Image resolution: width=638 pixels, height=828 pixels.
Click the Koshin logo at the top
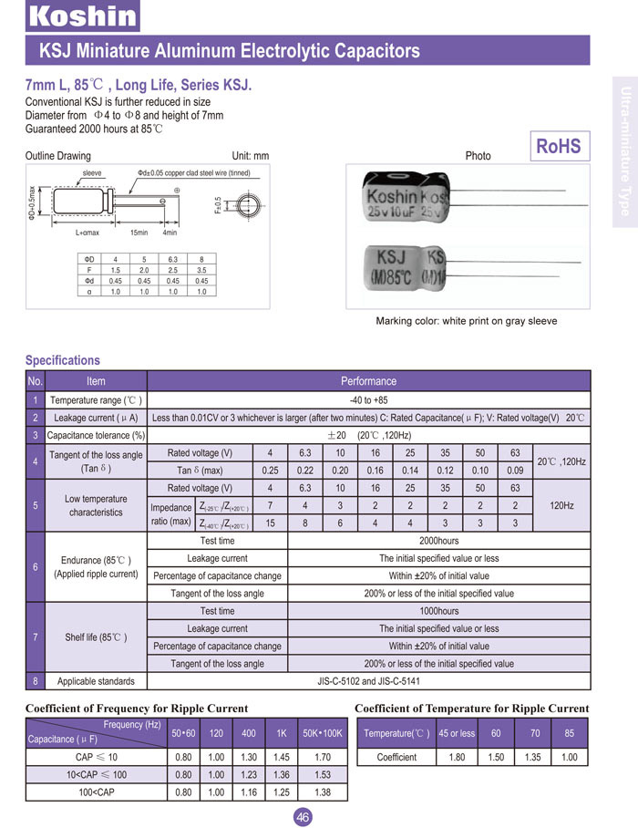[82, 16]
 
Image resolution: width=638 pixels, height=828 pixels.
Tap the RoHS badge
[558, 147]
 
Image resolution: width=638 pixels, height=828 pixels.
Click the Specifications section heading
[63, 360]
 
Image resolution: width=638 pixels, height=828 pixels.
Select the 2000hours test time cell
[438, 541]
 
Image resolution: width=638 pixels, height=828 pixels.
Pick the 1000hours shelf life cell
[438, 611]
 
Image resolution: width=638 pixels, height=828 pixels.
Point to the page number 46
[304, 817]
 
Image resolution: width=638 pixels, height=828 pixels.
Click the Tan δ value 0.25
[270, 471]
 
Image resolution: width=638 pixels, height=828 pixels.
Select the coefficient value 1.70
[322, 757]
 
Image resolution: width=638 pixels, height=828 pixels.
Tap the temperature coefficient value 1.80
[457, 757]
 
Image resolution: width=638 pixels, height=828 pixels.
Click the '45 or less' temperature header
[457, 733]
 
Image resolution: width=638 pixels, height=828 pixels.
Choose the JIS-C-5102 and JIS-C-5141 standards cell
[368, 681]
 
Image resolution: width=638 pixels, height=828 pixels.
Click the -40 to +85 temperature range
[368, 400]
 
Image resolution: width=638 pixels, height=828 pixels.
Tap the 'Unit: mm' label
[251, 156]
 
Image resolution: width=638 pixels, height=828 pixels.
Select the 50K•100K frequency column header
[322, 733]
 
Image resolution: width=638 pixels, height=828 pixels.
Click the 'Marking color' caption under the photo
[466, 321]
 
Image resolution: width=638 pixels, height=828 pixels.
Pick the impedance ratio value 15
[270, 523]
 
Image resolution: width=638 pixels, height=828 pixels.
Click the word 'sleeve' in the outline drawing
[92, 172]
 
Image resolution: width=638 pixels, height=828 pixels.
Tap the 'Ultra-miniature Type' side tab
[625, 150]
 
